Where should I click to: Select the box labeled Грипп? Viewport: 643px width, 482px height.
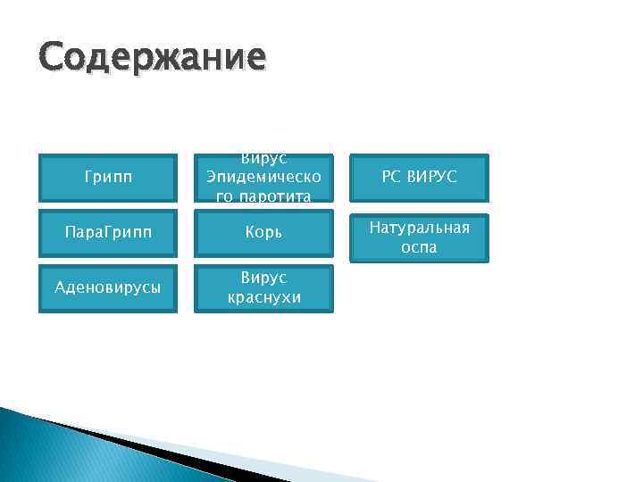click(x=108, y=178)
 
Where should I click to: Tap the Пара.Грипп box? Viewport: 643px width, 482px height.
click(x=108, y=232)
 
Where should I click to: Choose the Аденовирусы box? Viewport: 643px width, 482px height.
click(x=108, y=287)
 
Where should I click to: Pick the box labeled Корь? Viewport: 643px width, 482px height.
click(x=264, y=232)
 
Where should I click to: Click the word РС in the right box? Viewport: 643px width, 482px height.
click(x=391, y=177)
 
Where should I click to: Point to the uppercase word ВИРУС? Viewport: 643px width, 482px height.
click(x=431, y=177)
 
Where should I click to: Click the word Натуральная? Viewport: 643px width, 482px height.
click(x=419, y=228)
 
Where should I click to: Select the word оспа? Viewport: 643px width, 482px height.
click(x=419, y=247)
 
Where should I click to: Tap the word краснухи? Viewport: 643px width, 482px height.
click(x=264, y=297)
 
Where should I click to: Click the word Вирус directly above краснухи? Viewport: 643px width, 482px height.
click(x=264, y=278)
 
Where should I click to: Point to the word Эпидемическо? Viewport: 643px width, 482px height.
click(x=264, y=177)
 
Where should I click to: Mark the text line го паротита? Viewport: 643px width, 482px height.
click(x=264, y=196)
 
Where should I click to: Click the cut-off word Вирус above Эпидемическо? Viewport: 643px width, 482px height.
click(x=264, y=158)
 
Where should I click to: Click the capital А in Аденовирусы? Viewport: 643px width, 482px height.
click(x=60, y=288)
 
